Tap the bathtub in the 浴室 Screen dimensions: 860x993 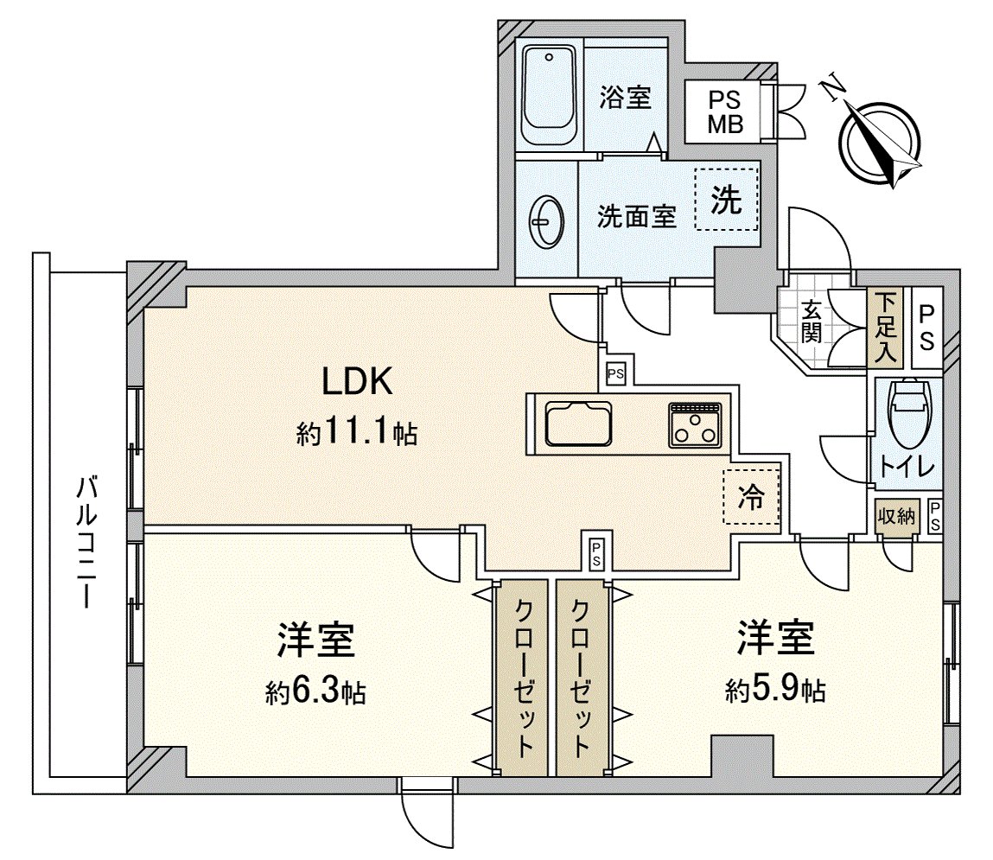(550, 97)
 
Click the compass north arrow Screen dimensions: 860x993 (882, 143)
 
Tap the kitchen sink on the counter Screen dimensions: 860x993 (578, 424)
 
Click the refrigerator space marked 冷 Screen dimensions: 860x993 (751, 497)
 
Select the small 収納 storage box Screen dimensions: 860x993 (896, 518)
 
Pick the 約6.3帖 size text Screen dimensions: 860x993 (315, 691)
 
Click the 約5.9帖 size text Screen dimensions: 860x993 (775, 689)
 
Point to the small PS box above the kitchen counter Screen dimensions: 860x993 (615, 373)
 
